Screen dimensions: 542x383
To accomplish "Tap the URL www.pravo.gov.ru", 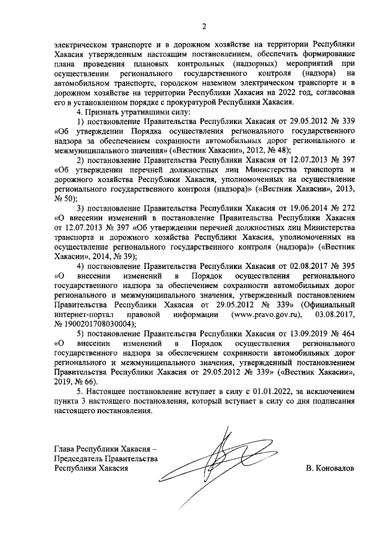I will pos(263,314).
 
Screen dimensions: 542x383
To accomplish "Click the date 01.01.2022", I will pos(239,390).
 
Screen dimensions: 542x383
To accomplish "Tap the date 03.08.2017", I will pos(335,314).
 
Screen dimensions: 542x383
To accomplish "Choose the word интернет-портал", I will pos(83,314).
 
